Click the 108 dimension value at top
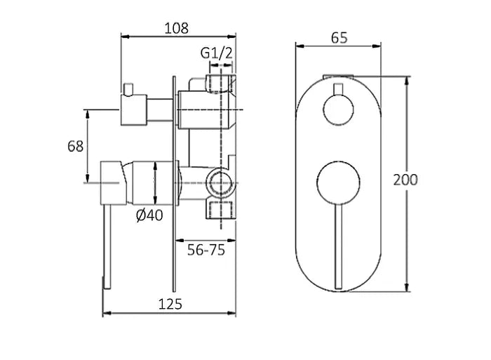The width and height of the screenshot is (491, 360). (176, 28)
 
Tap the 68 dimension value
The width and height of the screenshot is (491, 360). (76, 146)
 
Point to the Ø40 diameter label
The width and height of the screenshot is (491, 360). (149, 215)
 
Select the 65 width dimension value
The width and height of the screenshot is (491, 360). (339, 39)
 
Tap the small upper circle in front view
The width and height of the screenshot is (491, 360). (339, 111)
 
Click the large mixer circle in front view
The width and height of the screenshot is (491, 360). (339, 184)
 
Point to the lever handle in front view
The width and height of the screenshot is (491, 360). (339, 246)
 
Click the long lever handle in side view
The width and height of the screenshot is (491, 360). (107, 246)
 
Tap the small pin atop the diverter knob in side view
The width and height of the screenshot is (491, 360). (128, 88)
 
